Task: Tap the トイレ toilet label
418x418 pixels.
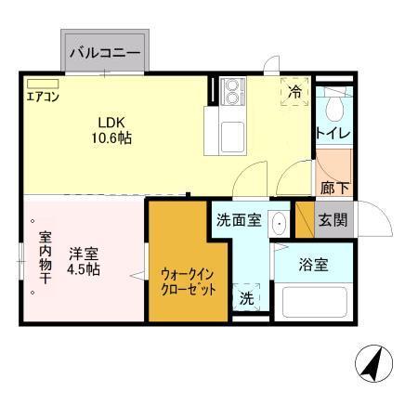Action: [x=333, y=134]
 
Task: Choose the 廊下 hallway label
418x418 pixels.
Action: [x=334, y=187]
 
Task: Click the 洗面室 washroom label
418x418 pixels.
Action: [x=238, y=221]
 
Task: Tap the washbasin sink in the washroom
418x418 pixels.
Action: [x=278, y=224]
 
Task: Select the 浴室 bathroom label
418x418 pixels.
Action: [x=313, y=265]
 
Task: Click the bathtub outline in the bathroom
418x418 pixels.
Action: [x=316, y=302]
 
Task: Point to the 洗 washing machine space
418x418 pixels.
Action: [x=246, y=297]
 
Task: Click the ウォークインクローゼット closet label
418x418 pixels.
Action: [x=189, y=281]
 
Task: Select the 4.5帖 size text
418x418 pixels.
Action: [x=83, y=269]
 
